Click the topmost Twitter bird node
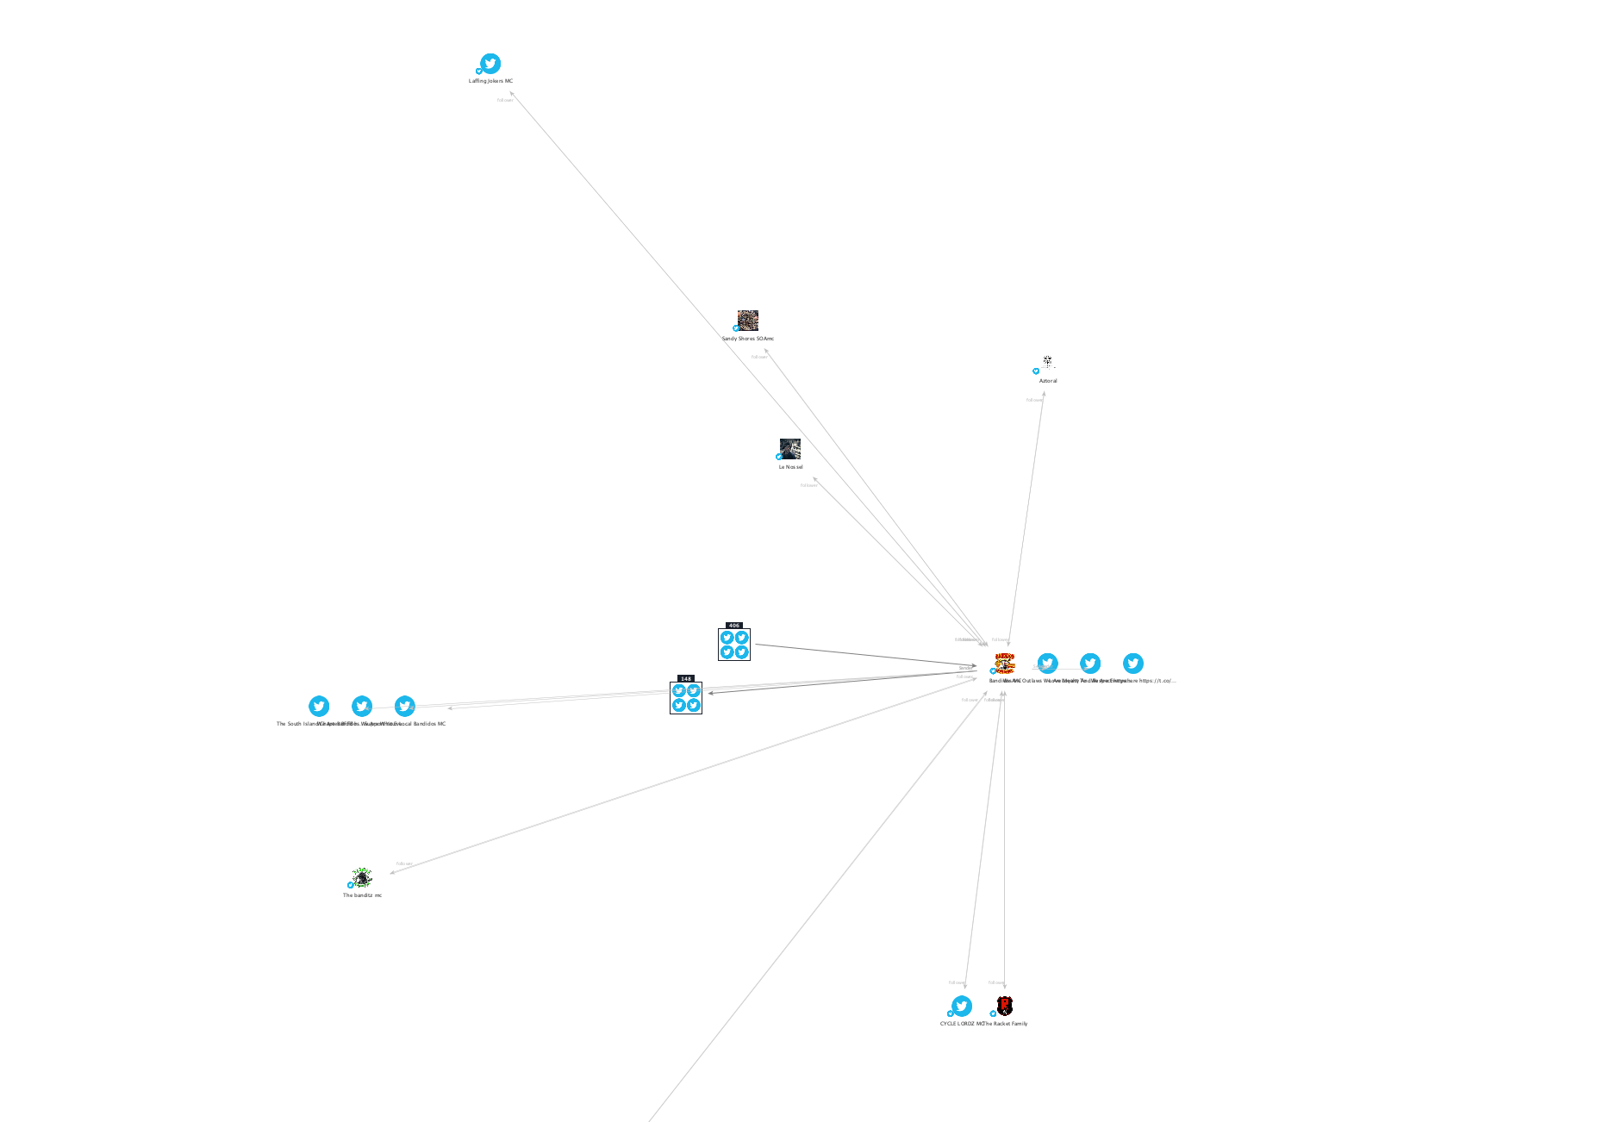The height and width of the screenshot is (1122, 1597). point(490,64)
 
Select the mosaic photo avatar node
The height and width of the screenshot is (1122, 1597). point(748,321)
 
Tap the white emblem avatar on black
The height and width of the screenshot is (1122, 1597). point(1047,362)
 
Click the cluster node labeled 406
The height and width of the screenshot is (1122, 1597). point(734,645)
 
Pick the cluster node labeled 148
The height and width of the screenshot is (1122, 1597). point(686,698)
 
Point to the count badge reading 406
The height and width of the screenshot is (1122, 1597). point(734,626)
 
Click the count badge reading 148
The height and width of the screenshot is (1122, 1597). point(686,679)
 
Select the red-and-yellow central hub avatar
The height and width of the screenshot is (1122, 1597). point(1005,663)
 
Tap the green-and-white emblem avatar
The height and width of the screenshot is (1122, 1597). point(362,877)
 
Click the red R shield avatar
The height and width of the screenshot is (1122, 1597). point(1004,1006)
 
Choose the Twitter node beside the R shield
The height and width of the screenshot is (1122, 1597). point(962,1006)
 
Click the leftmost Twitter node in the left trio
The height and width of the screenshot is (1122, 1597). point(319,707)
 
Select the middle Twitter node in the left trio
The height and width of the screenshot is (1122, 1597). point(362,707)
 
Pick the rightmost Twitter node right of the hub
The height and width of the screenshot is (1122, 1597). point(1133,663)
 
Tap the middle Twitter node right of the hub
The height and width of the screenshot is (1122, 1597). point(1090,663)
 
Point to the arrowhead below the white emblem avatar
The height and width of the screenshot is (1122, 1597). point(1044,395)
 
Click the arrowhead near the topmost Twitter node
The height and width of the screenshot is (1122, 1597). point(512,94)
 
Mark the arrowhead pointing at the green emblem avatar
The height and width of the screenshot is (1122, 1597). point(393,872)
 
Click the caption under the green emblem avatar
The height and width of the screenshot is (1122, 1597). point(362,895)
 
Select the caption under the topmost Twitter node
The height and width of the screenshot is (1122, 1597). point(490,81)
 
